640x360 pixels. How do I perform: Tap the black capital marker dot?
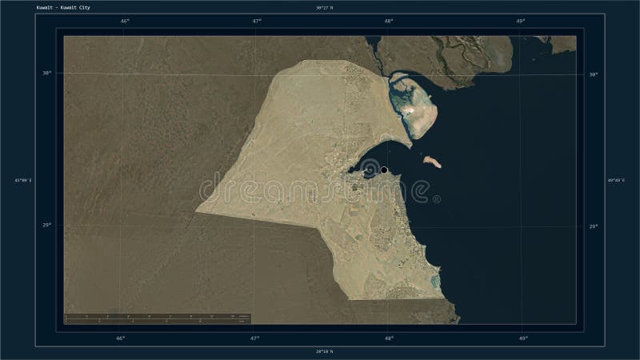384,170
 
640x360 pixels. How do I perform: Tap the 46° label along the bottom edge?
120,338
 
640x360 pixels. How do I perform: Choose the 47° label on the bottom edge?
254,338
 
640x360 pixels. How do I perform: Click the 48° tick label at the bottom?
388,338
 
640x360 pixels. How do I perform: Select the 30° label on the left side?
47,73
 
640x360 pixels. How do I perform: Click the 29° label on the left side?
47,226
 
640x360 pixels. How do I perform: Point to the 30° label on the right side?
593,74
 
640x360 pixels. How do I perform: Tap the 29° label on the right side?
593,226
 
